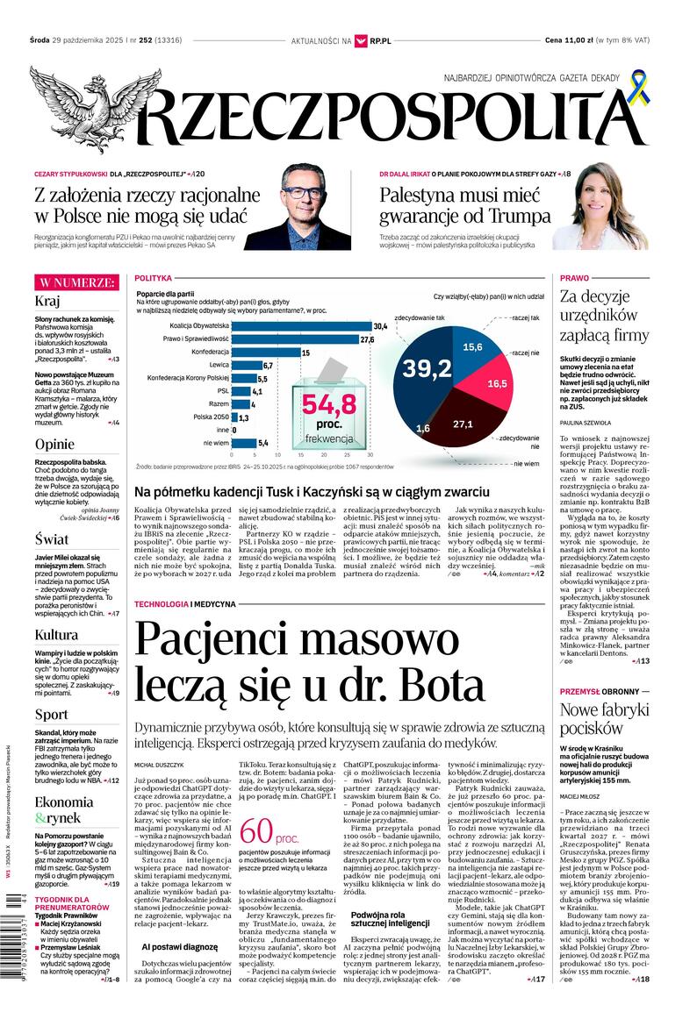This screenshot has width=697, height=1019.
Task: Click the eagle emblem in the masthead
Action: [83, 107]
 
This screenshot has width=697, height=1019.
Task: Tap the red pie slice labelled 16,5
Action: [496, 383]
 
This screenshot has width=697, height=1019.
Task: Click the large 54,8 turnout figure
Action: [329, 404]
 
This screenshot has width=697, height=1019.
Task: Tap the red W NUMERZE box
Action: [75, 282]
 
